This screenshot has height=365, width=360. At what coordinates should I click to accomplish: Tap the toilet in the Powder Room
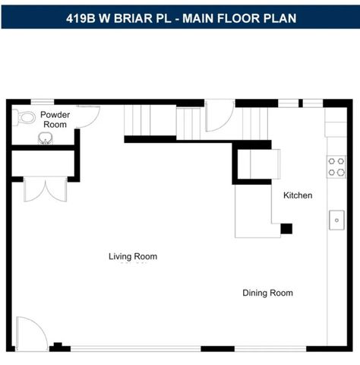click(27, 118)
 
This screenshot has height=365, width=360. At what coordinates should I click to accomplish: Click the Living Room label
click(132, 257)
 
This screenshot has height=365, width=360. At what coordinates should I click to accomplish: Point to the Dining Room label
click(267, 293)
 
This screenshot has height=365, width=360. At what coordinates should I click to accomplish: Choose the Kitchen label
click(297, 195)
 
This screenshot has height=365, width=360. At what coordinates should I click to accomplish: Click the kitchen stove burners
click(336, 167)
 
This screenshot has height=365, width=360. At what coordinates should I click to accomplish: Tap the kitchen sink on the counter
click(336, 220)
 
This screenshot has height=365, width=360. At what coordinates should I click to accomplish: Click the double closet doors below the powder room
click(45, 189)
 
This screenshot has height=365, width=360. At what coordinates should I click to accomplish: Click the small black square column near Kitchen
click(286, 228)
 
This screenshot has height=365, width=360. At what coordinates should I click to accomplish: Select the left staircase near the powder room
click(150, 121)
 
